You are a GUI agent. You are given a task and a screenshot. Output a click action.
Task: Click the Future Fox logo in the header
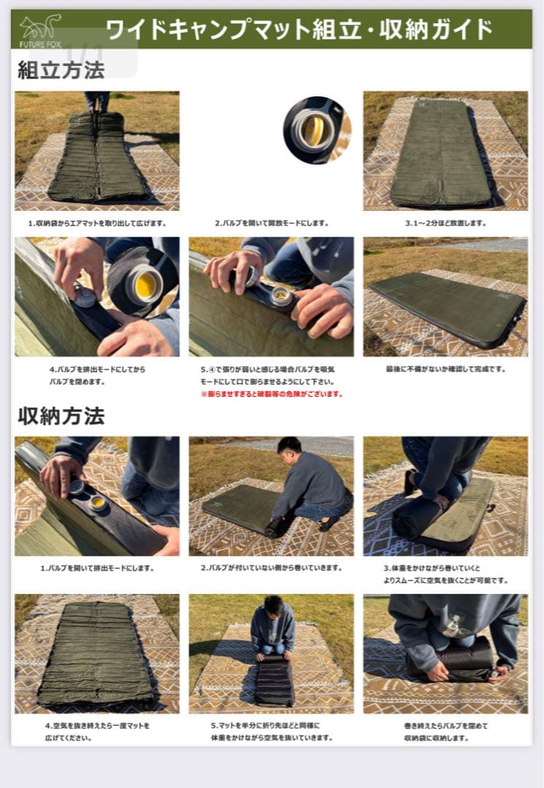click(x=40, y=30)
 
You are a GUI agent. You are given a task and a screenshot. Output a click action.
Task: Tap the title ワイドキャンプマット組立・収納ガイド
click(x=299, y=30)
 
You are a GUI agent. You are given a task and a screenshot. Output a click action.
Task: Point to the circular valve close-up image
click(x=315, y=130)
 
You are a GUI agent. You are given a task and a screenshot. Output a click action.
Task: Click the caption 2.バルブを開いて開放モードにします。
click(x=272, y=223)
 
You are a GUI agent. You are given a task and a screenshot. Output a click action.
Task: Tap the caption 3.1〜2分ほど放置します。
click(x=445, y=223)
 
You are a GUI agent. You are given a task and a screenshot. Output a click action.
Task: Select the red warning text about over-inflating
click(x=272, y=394)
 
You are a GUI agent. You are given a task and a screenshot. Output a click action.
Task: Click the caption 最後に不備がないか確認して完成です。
click(x=445, y=369)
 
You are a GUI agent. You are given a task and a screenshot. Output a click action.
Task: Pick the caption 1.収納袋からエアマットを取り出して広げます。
click(x=97, y=223)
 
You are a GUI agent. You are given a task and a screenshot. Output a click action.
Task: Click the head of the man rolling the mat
click(x=289, y=446)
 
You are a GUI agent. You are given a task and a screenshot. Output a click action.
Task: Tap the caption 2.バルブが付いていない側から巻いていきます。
click(x=272, y=568)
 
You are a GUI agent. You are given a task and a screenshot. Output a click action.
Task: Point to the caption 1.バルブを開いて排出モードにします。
click(x=97, y=568)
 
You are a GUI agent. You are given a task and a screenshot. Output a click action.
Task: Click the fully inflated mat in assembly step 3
click(x=441, y=153)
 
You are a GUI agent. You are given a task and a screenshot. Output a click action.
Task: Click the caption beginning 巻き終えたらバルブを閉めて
click(x=445, y=731)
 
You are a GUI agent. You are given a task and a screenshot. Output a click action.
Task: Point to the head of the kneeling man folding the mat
click(x=273, y=606)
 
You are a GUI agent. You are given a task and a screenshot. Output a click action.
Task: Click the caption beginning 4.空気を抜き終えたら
click(x=97, y=731)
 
